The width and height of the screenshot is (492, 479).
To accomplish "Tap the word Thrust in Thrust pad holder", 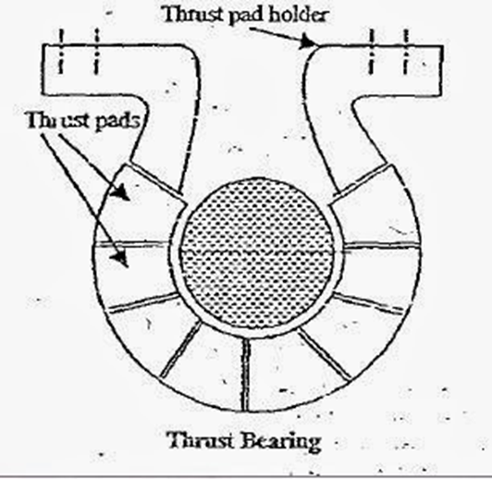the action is (193, 14).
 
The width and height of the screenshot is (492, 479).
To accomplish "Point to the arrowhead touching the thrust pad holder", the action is (307, 42).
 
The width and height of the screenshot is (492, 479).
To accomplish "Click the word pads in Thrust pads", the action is (118, 121).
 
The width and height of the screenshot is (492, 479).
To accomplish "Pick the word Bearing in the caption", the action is (282, 442).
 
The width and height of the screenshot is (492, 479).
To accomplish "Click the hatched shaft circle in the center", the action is (256, 253).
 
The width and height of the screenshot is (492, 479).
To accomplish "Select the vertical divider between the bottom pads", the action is (246, 375).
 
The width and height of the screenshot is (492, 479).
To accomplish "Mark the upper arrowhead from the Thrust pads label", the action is (121, 192).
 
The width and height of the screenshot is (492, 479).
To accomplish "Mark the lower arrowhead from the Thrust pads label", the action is (120, 259).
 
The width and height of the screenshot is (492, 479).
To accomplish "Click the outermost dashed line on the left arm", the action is (61, 52).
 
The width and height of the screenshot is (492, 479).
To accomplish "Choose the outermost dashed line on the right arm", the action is (406, 52).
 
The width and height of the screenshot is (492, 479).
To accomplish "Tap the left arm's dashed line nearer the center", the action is (96, 52).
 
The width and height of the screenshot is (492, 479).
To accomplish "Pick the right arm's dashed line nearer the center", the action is (371, 52).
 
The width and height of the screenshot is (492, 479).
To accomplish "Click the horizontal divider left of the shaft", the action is (132, 244).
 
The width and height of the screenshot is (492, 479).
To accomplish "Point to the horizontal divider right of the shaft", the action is (382, 246).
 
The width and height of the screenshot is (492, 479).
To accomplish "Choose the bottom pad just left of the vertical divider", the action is (205, 370).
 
